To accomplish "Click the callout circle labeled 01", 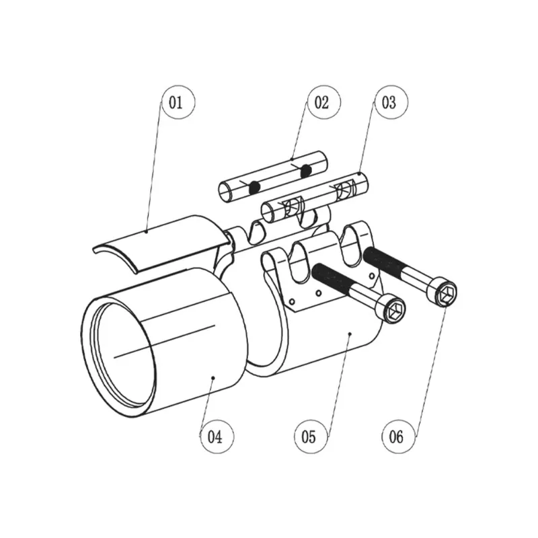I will click(x=176, y=104).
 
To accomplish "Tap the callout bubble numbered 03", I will click(x=389, y=104).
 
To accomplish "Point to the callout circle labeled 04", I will click(x=215, y=438).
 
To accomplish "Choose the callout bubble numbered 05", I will click(x=309, y=438).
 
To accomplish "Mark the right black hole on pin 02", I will click(x=307, y=171).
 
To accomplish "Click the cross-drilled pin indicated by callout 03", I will click(x=316, y=197).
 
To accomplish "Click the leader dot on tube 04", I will click(x=213, y=379).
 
